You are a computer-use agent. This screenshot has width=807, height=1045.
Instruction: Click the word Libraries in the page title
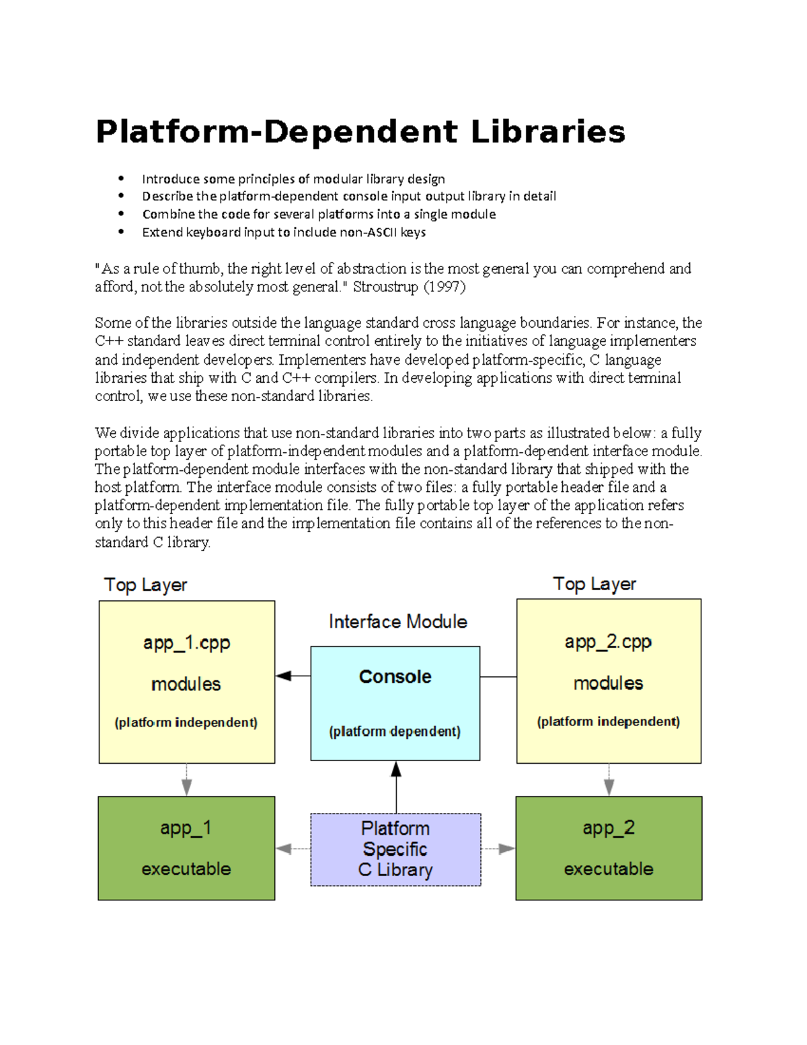coord(547,132)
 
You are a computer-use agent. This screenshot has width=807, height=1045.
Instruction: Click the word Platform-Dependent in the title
coord(276,132)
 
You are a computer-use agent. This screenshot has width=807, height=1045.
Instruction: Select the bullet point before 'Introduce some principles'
coord(121,178)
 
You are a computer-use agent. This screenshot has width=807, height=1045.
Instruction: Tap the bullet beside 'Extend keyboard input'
coord(121,231)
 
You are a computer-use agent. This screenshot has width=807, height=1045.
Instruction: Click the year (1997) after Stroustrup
coord(444,287)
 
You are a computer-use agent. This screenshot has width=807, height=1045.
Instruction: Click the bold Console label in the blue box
coord(395,676)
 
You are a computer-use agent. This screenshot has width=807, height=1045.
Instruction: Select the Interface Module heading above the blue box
coord(397,621)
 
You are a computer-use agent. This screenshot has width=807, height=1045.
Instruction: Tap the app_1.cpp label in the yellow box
coord(186,643)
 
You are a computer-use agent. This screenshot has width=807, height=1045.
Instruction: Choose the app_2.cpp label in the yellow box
coord(608,642)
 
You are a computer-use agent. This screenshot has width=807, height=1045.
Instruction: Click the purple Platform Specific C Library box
coord(395,849)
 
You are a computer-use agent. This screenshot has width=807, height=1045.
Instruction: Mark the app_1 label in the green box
coord(186,828)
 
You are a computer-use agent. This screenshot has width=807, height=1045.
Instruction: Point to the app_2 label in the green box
coord(609,828)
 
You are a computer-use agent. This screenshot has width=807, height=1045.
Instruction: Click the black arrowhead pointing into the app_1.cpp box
coord(284,676)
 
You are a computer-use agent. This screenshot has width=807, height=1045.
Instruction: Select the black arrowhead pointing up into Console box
coord(396,769)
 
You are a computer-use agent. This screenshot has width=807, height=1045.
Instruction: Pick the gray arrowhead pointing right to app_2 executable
coord(506,849)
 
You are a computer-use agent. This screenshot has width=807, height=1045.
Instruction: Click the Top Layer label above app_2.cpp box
coord(594,584)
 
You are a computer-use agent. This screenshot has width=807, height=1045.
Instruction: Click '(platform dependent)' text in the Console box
coord(395,731)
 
